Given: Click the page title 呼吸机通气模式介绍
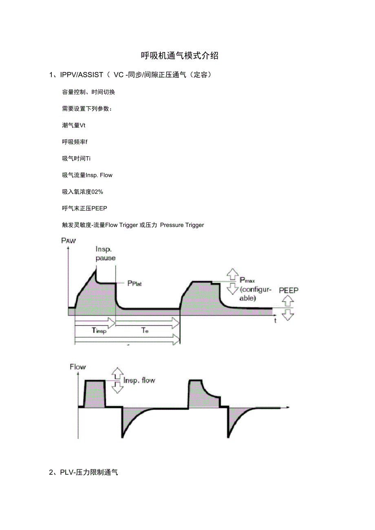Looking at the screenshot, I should coord(180,56).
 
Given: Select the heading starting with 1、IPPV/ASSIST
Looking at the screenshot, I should coord(130,75).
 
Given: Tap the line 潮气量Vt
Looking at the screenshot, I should coord(74,125).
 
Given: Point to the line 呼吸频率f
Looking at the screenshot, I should coord(75,142).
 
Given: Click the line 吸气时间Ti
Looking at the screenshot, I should coord(73,158).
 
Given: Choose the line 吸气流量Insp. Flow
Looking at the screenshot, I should coord(87,175).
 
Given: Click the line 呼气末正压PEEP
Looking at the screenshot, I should coord(84,208).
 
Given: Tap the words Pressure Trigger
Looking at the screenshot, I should coord(182,225).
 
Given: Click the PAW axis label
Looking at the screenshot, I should coord(68,240).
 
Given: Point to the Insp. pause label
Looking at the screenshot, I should coord(105,253).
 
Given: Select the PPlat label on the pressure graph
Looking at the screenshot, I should coord(134,284).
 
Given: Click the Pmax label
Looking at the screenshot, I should coord(247,280).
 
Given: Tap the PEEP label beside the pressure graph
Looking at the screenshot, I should coord(289,290).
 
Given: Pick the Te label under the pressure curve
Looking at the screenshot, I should coord(145,331).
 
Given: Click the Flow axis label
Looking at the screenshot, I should coord(78,367).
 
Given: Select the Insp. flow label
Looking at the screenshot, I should coord(139,381).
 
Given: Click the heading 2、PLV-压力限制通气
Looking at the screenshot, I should coord(84,473).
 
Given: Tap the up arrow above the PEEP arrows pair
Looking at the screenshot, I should coord(288,301).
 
